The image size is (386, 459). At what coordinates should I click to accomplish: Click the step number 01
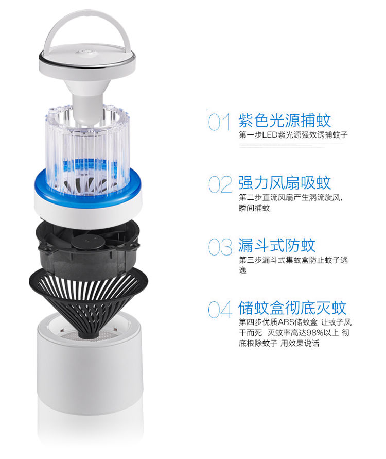click(x=219, y=122)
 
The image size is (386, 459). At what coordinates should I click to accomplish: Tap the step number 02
click(x=220, y=184)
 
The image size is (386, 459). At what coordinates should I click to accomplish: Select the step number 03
click(x=220, y=246)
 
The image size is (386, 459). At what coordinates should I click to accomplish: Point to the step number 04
click(x=220, y=310)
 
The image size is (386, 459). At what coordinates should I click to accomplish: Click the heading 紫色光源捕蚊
click(x=285, y=121)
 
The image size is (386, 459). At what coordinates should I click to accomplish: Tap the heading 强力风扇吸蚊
click(x=285, y=183)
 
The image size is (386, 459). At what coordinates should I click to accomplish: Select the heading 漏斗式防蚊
click(x=277, y=245)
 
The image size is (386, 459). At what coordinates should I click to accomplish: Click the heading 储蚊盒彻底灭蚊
click(x=292, y=308)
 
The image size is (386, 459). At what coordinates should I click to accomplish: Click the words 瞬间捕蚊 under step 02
click(x=254, y=208)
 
